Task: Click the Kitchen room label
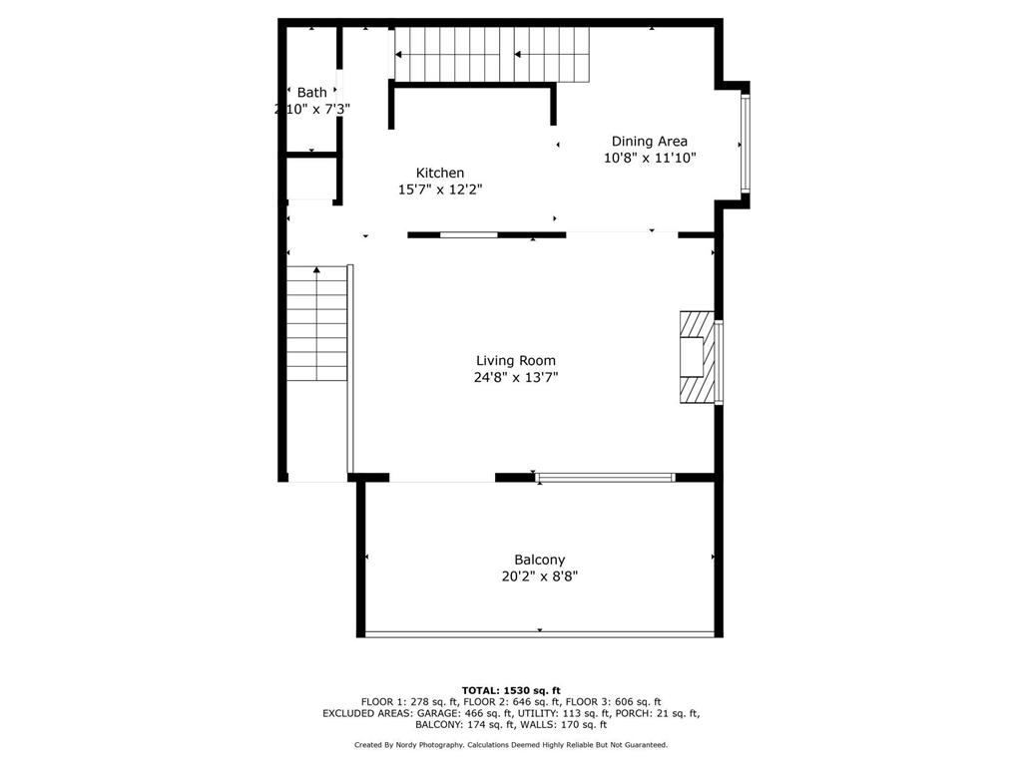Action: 440,173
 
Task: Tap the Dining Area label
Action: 649,142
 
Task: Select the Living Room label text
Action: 515,361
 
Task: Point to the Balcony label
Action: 540,560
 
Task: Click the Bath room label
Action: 311,93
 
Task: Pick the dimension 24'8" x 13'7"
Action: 515,377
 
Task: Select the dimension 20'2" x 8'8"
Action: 540,575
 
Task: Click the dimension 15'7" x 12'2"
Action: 440,189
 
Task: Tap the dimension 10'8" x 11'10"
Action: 649,158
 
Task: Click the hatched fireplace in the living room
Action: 697,356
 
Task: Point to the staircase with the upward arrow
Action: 317,324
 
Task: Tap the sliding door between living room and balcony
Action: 605,478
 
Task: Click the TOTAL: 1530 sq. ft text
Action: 511,690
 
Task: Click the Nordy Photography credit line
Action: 511,745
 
